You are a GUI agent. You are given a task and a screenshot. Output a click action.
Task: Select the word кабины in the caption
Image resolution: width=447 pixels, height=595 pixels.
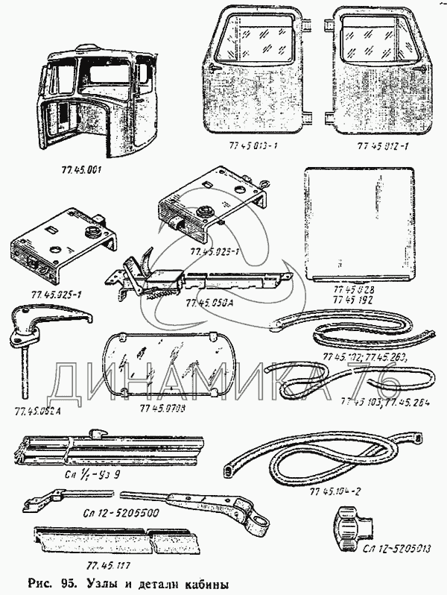click(x=198, y=582)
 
